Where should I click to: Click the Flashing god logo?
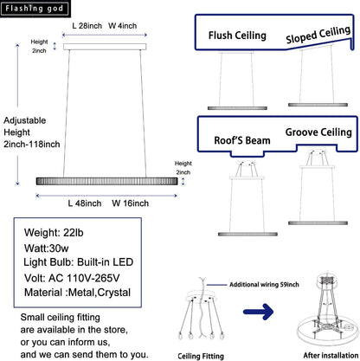(35, 9)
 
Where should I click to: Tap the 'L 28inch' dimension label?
(87, 26)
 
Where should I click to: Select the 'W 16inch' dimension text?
(131, 203)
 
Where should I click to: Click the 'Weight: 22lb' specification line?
(54, 233)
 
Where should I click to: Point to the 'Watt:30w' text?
(47, 248)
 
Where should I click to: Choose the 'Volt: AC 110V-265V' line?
(72, 278)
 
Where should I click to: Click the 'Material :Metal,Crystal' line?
(77, 293)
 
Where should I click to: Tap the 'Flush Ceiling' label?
(237, 35)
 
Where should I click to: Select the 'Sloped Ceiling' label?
(318, 35)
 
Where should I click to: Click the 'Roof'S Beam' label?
(242, 140)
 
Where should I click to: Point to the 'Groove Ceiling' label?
(318, 132)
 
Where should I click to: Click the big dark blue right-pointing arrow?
(258, 312)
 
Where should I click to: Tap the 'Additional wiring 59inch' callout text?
(264, 285)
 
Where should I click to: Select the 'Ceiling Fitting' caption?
(201, 356)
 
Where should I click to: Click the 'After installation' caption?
(331, 355)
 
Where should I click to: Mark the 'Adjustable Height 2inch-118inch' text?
(32, 132)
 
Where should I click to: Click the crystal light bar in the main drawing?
(106, 181)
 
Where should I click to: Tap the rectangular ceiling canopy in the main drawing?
(105, 47)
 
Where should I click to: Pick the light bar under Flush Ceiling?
(237, 108)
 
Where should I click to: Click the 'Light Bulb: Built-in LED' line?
(79, 262)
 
